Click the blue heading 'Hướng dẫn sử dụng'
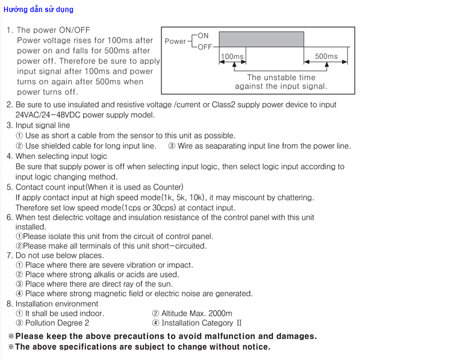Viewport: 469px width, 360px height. pyautogui.click(x=38, y=10)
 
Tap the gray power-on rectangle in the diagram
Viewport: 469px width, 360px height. pyautogui.click(x=261, y=40)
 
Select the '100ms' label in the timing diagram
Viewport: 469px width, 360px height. pyautogui.click(x=232, y=57)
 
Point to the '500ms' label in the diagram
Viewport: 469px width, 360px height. pyautogui.click(x=326, y=57)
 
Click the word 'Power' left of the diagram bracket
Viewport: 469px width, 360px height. pyautogui.click(x=175, y=42)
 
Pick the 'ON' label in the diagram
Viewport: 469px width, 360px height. pyautogui.click(x=203, y=36)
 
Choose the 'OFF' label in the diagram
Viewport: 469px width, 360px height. pyautogui.click(x=205, y=47)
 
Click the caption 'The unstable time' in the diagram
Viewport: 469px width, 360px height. pyautogui.click(x=281, y=77)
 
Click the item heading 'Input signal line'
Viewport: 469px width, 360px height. pyautogui.click(x=43, y=125)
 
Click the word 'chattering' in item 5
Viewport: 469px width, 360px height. pyautogui.click(x=294, y=197)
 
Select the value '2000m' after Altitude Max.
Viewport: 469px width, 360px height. pyautogui.click(x=220, y=313)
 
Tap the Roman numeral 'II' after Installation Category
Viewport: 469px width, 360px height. pyautogui.click(x=238, y=323)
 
